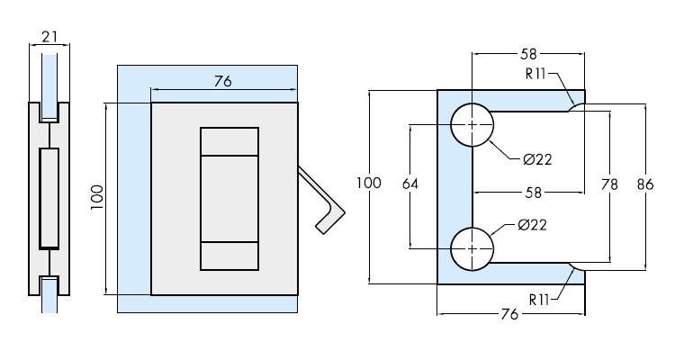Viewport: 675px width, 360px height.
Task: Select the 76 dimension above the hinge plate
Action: [x=223, y=81]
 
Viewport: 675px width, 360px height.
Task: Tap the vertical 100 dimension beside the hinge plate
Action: [x=98, y=197]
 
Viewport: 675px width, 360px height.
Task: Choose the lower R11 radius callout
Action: [x=540, y=298]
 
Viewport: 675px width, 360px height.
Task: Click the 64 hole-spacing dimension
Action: [x=410, y=184]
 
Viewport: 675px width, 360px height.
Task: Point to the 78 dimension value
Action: [x=609, y=184]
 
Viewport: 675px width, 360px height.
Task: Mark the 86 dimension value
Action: [x=644, y=184]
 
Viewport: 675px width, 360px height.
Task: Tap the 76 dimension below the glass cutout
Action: [x=509, y=314]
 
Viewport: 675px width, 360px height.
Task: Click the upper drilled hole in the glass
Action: [x=472, y=124]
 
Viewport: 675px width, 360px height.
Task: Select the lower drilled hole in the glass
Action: [x=472, y=247]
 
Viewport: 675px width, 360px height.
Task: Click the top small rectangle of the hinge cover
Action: [x=229, y=143]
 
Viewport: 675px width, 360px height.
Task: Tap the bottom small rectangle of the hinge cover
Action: [x=229, y=256]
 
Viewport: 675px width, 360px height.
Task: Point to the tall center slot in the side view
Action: [x=49, y=198]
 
